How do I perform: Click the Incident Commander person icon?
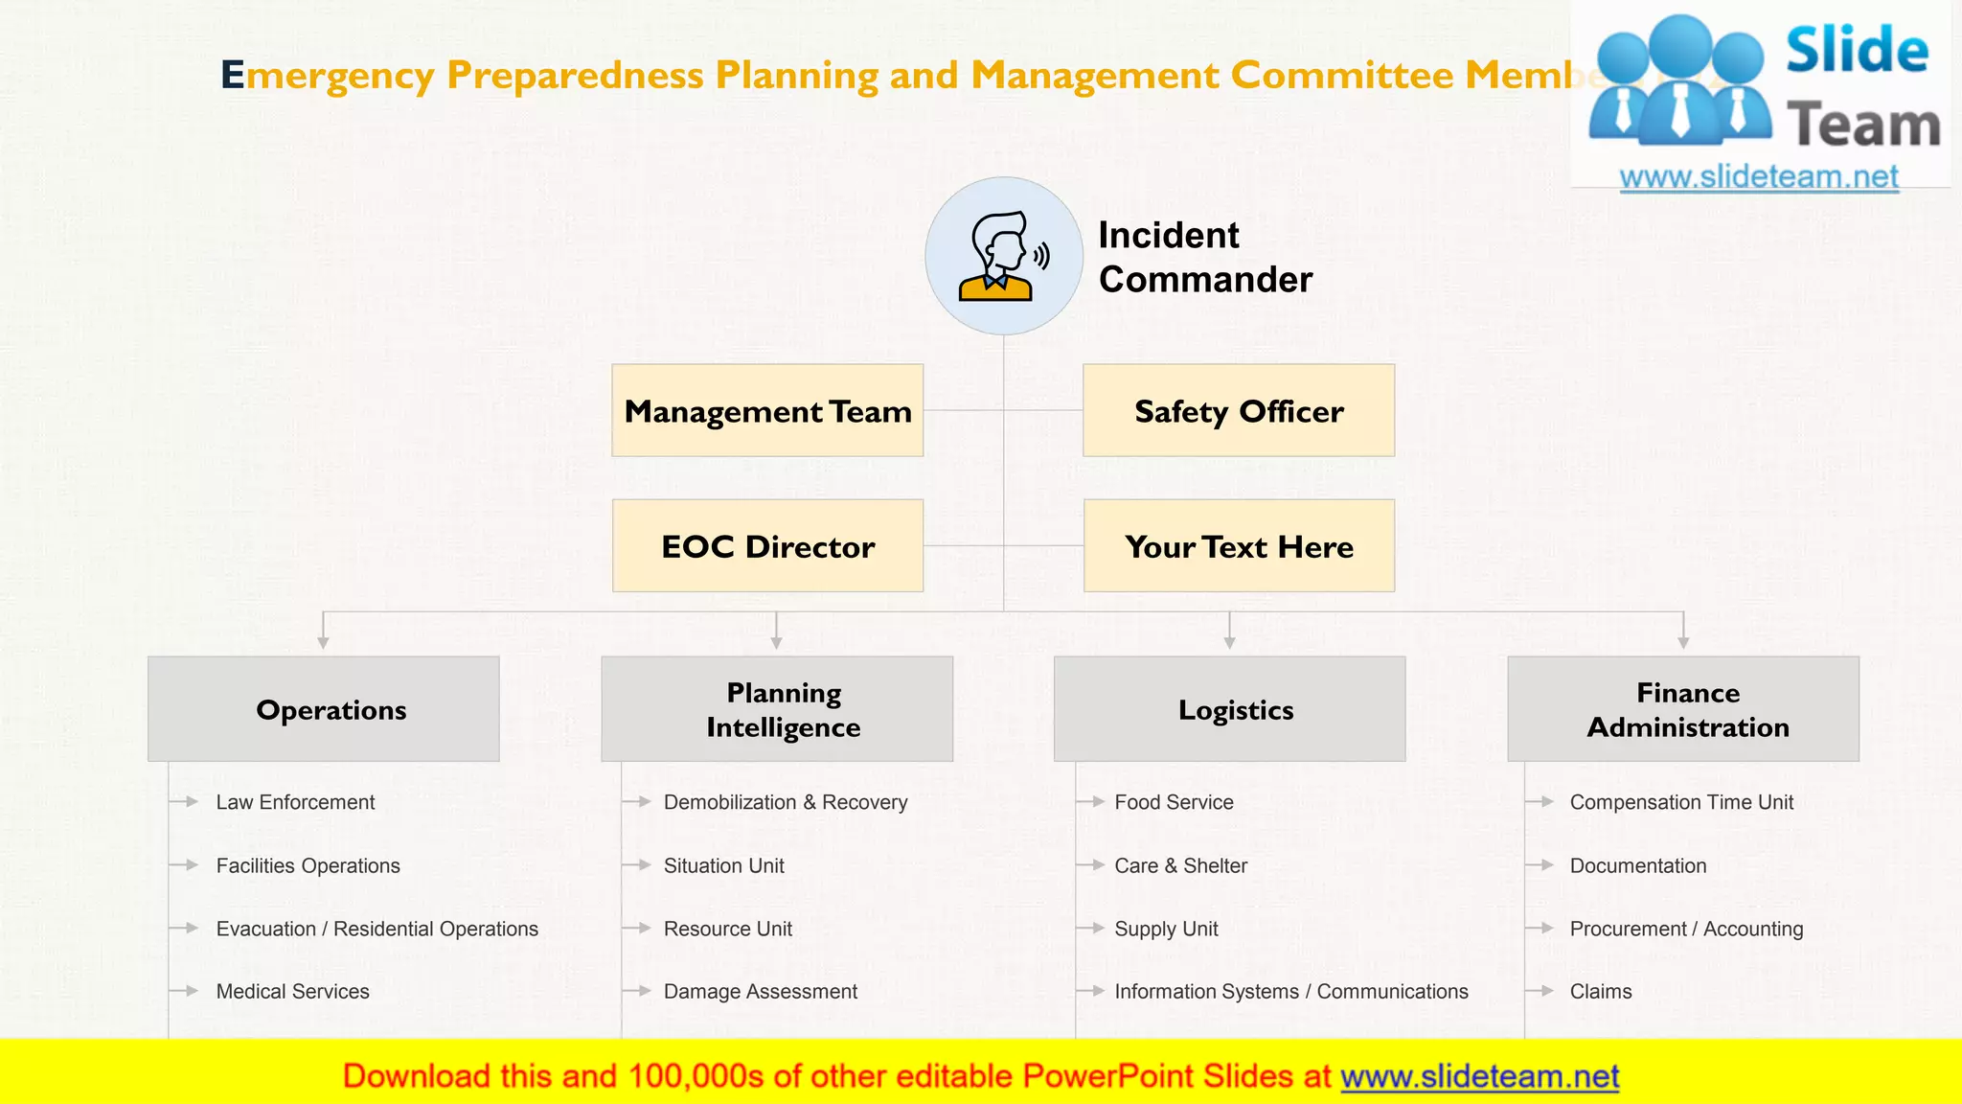[1003, 256]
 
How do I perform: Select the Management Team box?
[767, 410]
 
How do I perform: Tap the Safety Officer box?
[1239, 410]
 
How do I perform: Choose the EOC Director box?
[767, 545]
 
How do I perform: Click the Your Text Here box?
[1239, 545]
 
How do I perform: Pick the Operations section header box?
[324, 709]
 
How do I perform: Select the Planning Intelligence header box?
[777, 709]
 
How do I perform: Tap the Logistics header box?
[1229, 709]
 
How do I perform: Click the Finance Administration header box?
[1683, 709]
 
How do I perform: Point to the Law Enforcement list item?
[295, 802]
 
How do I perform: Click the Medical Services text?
[292, 992]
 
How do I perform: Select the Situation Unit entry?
[723, 865]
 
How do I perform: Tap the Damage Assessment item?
[760, 992]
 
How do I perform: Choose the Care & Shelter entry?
[1180, 865]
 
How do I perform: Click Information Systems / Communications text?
[1290, 992]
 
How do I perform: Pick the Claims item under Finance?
[1600, 992]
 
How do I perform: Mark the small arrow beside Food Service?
[1093, 802]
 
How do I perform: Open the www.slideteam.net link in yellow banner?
[1479, 1077]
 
